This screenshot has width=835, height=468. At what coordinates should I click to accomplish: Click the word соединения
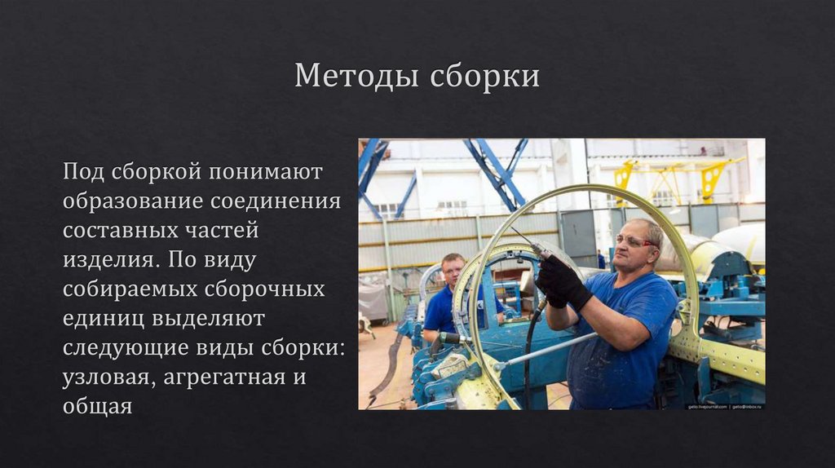[x=276, y=201]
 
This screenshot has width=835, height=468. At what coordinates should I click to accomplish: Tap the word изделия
[x=106, y=261]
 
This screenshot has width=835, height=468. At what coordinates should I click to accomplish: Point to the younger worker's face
[x=453, y=271]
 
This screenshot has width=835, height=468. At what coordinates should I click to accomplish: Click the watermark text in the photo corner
[x=723, y=404]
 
